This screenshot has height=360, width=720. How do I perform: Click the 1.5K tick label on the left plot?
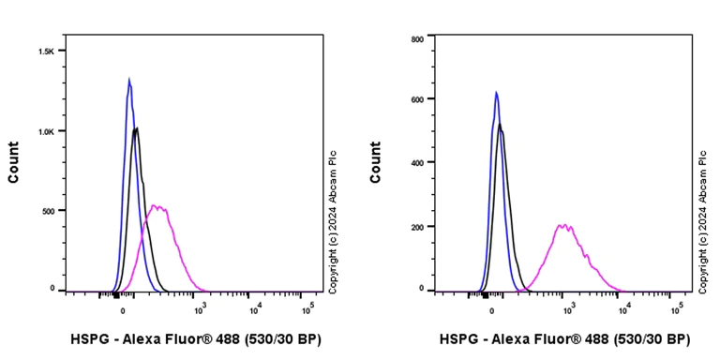(47, 51)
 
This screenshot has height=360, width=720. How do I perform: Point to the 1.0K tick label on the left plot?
(47, 131)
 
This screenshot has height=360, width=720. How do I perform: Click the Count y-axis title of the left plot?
(13, 161)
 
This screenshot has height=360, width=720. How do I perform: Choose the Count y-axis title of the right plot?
(375, 161)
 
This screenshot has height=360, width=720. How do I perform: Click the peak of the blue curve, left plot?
(128, 79)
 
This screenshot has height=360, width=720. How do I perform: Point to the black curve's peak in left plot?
(137, 128)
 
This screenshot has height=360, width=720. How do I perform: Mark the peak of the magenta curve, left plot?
(157, 206)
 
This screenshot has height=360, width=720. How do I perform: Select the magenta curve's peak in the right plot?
(563, 225)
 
